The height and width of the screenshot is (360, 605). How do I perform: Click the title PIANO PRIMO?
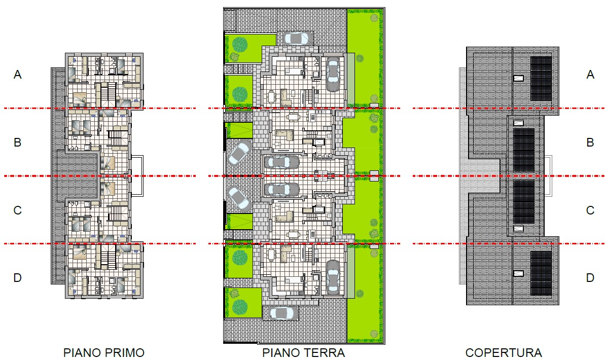104,353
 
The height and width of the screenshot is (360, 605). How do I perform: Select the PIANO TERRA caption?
304,353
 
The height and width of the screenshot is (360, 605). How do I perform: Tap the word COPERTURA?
504,353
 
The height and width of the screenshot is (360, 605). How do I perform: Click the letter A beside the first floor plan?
17,75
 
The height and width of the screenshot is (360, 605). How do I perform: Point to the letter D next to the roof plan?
590,278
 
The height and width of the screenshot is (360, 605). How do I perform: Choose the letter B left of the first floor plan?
17,142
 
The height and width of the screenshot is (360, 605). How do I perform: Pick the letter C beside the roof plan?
590,210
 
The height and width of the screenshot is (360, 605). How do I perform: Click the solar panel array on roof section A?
541,79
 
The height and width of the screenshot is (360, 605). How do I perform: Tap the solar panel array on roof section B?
523,151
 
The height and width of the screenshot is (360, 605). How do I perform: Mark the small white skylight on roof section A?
519,78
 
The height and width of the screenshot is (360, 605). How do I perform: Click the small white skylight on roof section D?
519,274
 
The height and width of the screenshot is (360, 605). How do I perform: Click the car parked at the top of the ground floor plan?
296,38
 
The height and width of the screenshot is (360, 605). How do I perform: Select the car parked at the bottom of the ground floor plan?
283,313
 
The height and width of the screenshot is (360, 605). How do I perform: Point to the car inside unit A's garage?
333,75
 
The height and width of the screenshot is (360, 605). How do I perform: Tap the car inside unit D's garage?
333,277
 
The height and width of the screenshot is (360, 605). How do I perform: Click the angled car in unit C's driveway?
239,198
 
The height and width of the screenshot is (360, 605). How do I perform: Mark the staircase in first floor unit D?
109,258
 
